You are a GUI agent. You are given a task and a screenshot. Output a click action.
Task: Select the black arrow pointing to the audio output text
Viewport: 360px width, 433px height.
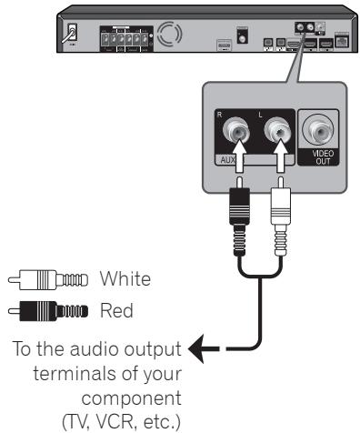(194, 347)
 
